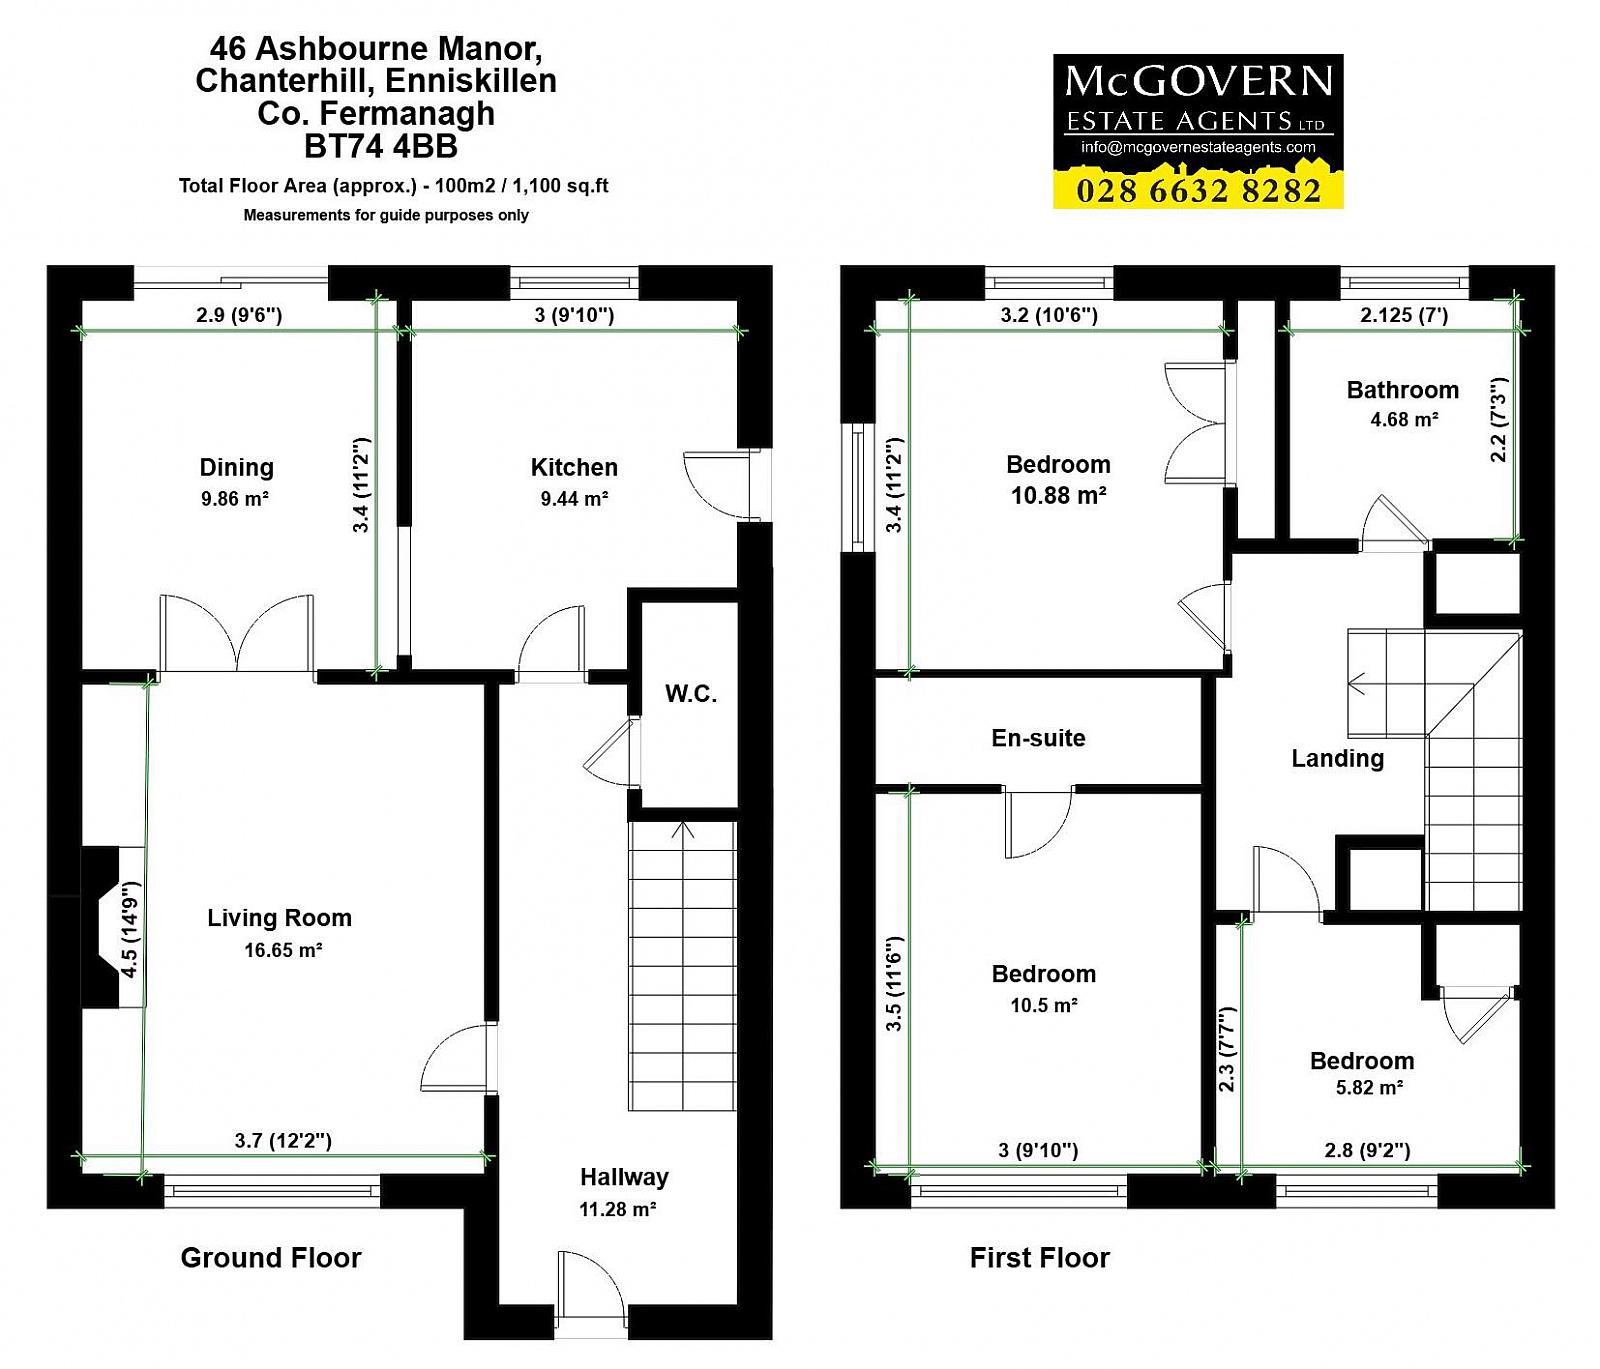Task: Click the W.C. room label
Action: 691,694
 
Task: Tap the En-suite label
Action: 1038,738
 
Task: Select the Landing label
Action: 1338,759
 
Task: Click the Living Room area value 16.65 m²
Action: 284,950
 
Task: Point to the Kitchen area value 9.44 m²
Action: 574,498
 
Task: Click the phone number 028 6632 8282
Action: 1199,190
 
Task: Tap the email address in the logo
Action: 1198,147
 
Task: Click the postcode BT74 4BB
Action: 381,147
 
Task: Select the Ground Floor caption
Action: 271,1258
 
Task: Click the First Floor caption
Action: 1040,1258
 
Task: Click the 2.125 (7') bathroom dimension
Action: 1404,315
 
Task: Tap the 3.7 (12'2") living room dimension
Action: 283,1140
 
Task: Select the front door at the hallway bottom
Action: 592,1294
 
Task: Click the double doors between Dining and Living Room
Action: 237,634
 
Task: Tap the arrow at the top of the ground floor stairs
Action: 684,830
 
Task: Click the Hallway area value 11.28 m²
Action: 618,1210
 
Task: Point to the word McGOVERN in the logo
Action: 1199,81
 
